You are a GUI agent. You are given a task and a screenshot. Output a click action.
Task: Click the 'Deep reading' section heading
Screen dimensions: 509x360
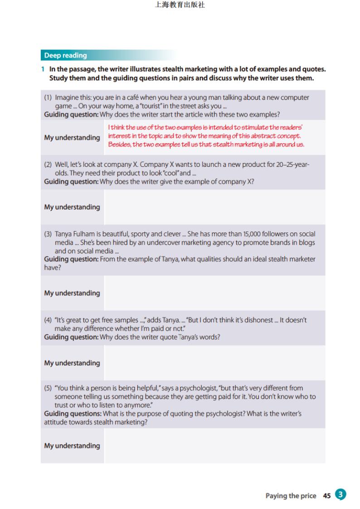[x=65, y=56]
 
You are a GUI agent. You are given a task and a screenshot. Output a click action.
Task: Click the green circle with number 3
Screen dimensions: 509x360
[x=340, y=494]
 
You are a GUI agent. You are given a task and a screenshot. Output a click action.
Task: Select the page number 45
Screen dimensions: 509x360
[x=327, y=496]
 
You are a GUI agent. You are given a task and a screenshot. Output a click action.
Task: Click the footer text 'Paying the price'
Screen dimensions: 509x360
[x=291, y=496]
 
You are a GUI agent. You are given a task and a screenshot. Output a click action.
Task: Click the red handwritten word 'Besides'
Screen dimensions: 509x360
[x=119, y=145]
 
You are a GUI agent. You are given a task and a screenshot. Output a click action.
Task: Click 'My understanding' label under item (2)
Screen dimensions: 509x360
[x=72, y=207]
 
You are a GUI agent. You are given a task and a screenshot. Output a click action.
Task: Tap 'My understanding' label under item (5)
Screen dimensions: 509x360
[x=72, y=446]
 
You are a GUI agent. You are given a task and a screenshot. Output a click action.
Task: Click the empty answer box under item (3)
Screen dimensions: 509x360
[x=214, y=293]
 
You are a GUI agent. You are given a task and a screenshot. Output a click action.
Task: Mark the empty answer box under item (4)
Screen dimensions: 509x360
[x=214, y=363]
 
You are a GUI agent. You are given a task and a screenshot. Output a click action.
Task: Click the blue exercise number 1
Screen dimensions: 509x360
[x=43, y=69]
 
